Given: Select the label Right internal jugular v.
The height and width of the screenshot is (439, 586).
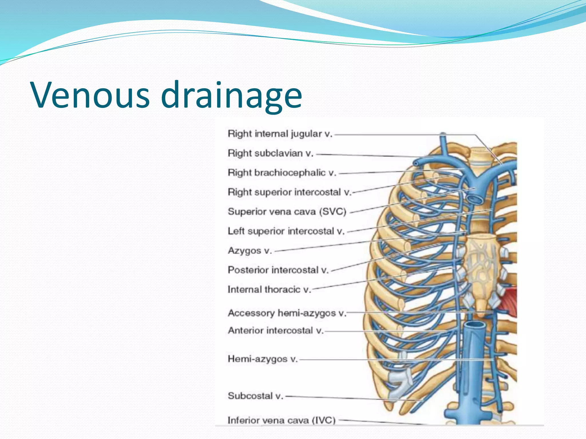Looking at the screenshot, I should (x=280, y=134).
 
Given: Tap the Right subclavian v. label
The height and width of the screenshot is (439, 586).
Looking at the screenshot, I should (x=270, y=153).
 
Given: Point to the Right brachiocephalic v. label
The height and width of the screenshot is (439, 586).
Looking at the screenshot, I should (x=282, y=173).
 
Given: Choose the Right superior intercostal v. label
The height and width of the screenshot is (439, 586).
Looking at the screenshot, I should (x=289, y=192).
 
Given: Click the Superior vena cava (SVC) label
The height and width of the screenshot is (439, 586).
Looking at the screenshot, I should (x=287, y=212).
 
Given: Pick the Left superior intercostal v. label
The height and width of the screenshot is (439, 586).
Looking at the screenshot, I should (x=286, y=231).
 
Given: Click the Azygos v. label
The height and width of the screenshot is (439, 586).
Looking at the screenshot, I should (x=250, y=251).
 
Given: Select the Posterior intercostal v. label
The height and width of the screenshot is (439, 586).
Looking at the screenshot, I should (x=278, y=270).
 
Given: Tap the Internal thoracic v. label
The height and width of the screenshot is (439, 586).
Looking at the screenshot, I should (x=269, y=290).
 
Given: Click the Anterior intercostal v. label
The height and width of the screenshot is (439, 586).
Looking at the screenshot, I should (x=276, y=331).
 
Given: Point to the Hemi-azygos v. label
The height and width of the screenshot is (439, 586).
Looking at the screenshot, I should (x=263, y=359).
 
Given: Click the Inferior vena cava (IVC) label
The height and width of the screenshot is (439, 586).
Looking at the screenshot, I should (x=281, y=420).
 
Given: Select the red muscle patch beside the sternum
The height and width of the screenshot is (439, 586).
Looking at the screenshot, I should (x=510, y=302).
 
